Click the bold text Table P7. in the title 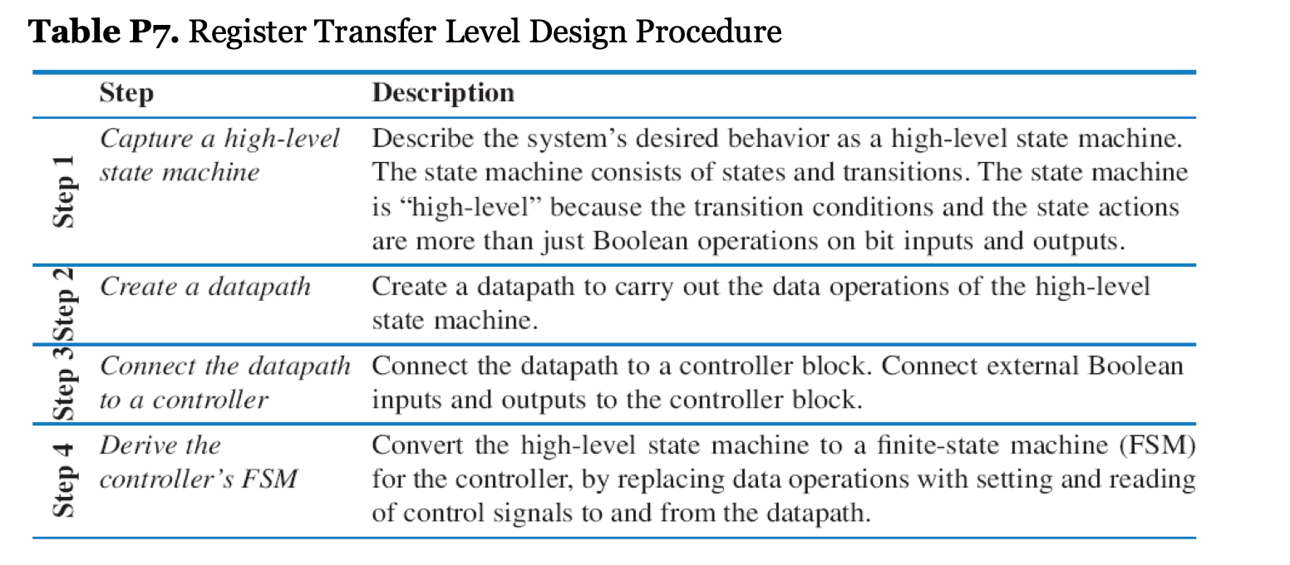(103, 32)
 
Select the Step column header (126, 92)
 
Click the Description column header (443, 92)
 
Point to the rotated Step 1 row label (65, 190)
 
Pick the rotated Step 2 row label (65, 303)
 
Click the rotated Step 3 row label (65, 381)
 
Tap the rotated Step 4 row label (65, 480)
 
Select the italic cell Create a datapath (205, 287)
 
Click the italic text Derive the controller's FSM (198, 462)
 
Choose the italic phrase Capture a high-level (219, 139)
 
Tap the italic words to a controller (184, 400)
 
